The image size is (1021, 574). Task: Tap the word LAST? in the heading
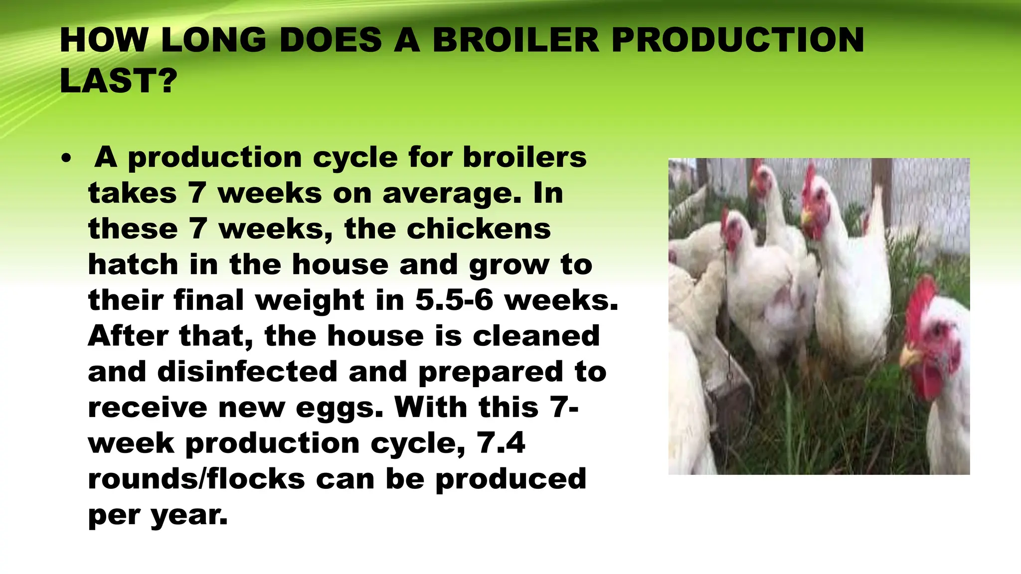[119, 81]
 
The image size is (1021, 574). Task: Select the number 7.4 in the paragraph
[501, 443]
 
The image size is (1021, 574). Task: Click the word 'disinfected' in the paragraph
[247, 372]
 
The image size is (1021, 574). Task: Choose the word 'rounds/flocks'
[196, 479]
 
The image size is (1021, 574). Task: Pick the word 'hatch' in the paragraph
[133, 265]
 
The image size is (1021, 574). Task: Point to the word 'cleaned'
[536, 336]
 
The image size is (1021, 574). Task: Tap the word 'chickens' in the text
[479, 229]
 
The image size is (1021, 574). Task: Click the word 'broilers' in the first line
[524, 158]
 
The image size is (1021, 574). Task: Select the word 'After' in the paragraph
[128, 336]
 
